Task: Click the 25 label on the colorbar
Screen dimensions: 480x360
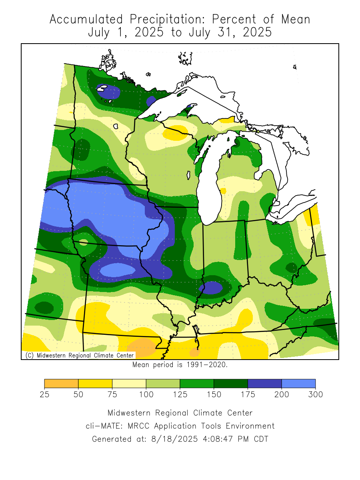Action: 44,394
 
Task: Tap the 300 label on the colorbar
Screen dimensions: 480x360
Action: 315,394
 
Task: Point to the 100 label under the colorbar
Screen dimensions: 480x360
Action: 146,394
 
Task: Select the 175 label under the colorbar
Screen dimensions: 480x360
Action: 248,394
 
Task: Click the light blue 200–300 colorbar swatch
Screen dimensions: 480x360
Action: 298,383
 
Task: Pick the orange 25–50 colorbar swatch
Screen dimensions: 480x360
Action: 61,383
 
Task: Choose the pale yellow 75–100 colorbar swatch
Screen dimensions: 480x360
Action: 129,383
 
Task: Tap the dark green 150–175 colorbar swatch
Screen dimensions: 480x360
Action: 231,383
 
